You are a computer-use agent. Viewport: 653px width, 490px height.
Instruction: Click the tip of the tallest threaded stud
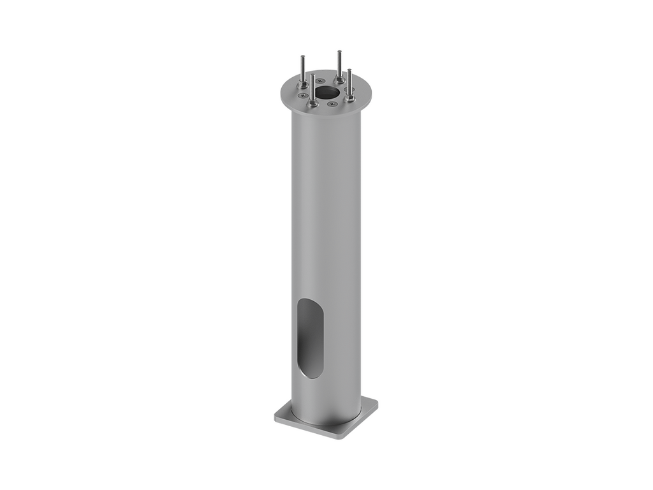click(x=339, y=50)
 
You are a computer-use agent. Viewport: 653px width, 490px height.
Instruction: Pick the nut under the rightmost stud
click(x=350, y=98)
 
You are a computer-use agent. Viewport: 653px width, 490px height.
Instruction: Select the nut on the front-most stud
click(x=313, y=103)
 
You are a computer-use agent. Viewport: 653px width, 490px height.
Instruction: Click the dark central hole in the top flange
click(x=327, y=91)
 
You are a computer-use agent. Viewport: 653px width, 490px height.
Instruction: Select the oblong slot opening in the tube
click(x=310, y=338)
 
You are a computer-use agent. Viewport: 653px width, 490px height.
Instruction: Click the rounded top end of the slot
click(x=309, y=302)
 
